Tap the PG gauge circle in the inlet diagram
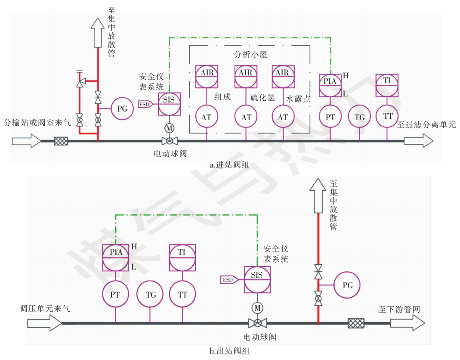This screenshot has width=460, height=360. coord(123,109)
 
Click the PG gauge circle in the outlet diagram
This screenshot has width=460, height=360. coord(347,285)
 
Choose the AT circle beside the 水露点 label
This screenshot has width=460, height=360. coord(283,117)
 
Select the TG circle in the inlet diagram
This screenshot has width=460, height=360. coord(359,117)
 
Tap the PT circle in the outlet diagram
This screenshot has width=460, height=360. coord(115,295)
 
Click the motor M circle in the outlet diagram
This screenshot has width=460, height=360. coord(257,308)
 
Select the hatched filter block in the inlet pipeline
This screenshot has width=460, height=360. coord(61,140)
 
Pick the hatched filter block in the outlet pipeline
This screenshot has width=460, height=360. coord(356,323)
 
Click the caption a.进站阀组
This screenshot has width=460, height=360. coord(229,164)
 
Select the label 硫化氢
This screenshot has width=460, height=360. coord(262,98)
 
